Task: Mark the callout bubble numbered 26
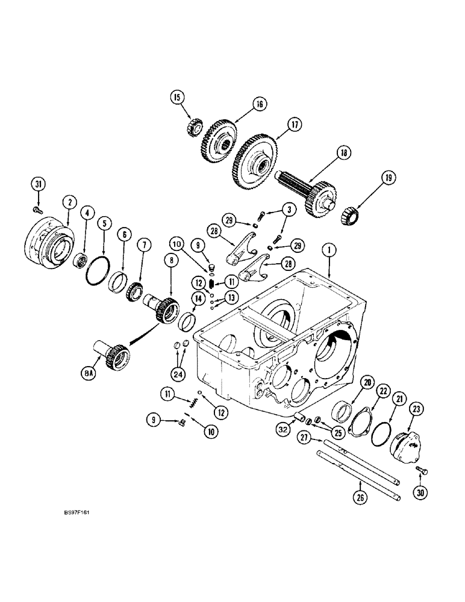click(359, 497)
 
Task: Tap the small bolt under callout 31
click(37, 209)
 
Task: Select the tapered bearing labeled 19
click(350, 213)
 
